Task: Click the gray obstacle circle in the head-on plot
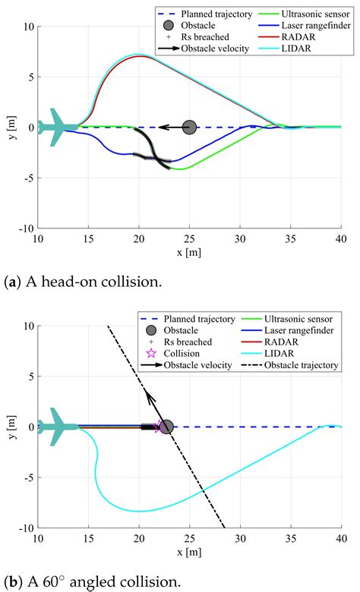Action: [189, 128]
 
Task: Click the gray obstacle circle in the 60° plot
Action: [166, 427]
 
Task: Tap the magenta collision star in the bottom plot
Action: [158, 427]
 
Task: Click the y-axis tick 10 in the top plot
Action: [29, 27]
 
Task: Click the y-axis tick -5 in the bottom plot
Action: [27, 477]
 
